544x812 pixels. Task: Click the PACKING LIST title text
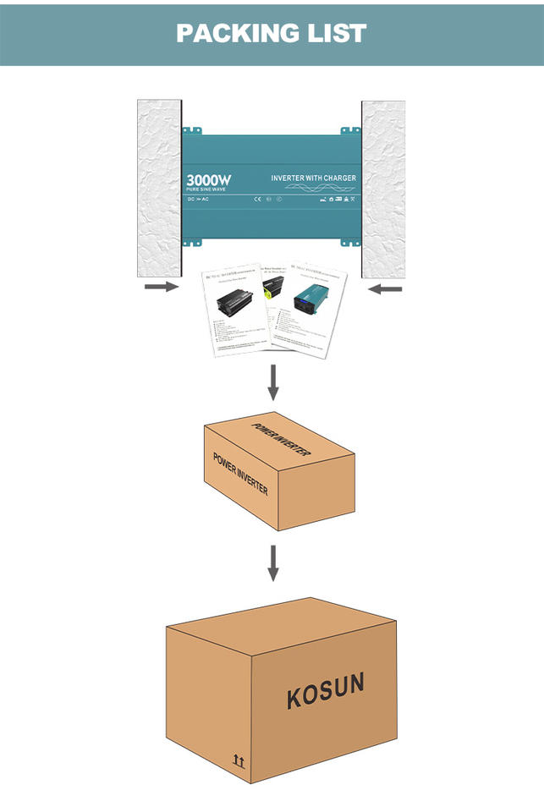coord(272,33)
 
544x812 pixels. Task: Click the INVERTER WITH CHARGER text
coord(313,178)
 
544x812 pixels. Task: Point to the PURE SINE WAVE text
coord(206,189)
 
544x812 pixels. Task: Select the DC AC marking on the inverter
coord(198,201)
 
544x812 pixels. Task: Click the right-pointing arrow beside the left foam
coord(161,288)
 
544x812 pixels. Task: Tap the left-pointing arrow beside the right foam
coord(386,289)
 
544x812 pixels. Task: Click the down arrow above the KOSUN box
coord(272,563)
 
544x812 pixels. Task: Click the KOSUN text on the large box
coord(326,691)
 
